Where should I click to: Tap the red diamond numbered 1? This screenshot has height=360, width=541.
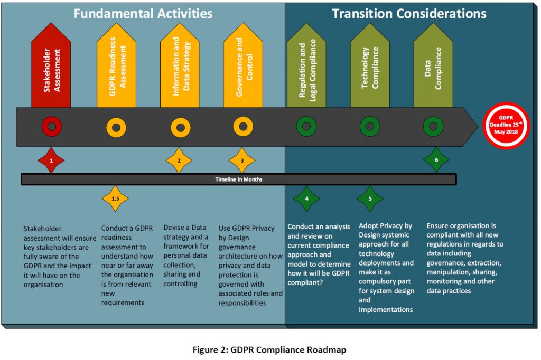pos(51,160)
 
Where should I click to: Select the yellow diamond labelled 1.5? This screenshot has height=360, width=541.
pos(115,199)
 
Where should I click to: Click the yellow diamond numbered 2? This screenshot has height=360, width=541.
pos(179,160)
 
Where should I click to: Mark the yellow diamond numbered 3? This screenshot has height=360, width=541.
pos(242,160)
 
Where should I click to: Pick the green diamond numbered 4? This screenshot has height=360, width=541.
pos(306,199)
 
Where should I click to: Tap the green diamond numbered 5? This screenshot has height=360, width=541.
pos(370,199)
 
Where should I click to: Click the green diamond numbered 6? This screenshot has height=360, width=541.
pos(436,160)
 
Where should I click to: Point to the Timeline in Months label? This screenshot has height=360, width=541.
pos(238,179)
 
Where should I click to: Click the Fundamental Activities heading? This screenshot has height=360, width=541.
pos(143,13)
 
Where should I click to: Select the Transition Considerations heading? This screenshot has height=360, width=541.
pos(409,13)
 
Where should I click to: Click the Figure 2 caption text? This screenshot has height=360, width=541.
pos(270,349)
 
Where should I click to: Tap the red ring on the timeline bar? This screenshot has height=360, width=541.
pos(51,127)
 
